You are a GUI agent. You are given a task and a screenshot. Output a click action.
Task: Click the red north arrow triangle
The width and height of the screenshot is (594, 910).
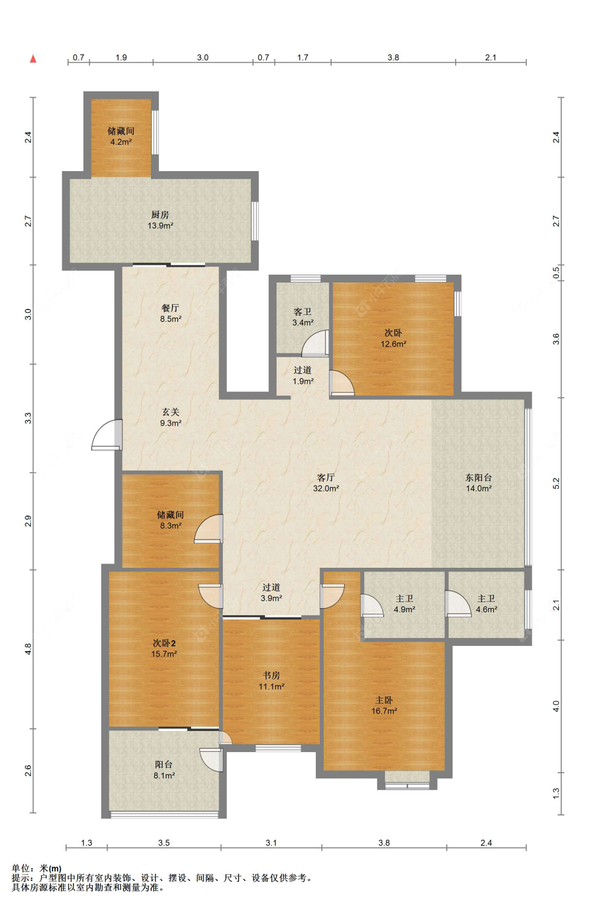coord(33,59)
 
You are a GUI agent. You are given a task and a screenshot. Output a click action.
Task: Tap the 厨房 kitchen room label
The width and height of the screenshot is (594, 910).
coord(160,214)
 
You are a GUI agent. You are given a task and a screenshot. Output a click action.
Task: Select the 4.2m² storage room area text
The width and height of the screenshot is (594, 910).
coord(121,142)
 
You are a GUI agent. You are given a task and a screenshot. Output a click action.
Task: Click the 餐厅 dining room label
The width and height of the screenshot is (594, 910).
coord(171,308)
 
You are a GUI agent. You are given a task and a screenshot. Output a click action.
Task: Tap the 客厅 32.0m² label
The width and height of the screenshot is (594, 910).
coord(326,483)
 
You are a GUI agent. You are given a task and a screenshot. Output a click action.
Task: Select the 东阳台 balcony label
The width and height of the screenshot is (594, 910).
coord(478,477)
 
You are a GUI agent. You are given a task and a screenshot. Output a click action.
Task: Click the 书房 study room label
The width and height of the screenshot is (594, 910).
coord(271,675)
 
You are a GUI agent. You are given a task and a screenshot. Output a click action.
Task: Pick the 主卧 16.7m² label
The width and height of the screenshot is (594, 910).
coord(384,705)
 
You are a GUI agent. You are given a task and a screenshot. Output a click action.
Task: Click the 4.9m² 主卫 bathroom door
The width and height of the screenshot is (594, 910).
coord(372,606)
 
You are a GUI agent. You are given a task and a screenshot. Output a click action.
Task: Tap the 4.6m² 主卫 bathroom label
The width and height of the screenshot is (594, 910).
coord(486,604)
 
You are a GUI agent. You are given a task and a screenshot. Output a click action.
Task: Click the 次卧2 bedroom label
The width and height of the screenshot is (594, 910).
coord(164,643)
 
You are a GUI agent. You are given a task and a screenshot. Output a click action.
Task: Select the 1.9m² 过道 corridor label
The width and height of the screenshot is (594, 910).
coord(303,376)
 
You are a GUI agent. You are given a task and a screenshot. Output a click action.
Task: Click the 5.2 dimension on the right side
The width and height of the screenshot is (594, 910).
coord(556,483)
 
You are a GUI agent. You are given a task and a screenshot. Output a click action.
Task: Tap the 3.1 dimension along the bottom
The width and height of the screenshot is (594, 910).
coord(271,843)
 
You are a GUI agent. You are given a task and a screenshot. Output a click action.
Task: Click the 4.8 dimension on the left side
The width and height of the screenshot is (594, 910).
coord(29,649)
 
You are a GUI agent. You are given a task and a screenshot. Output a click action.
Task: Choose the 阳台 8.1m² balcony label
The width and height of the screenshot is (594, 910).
coord(164,770)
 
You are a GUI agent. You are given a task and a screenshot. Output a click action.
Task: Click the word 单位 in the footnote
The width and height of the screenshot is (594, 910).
coord(21,868)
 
